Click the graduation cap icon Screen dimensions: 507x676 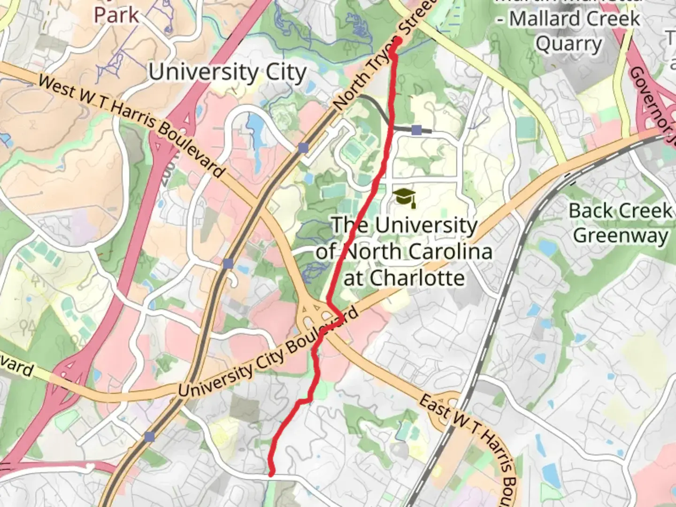coord(405,198)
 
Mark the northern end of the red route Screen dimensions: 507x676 coord(398,41)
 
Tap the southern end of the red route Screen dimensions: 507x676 coord(271,474)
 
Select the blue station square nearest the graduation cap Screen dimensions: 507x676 coord(416,130)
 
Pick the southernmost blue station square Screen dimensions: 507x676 coord(149,437)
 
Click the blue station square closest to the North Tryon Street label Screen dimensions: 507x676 coord(303,148)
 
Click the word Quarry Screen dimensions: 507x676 coord(568,44)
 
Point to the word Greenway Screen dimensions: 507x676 coord(621,235)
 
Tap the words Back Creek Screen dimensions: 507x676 coord(620,211)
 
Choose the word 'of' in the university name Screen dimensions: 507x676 coord(324,252)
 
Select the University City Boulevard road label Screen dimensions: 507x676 coord(268,353)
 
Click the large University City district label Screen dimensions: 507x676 coord(228,72)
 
